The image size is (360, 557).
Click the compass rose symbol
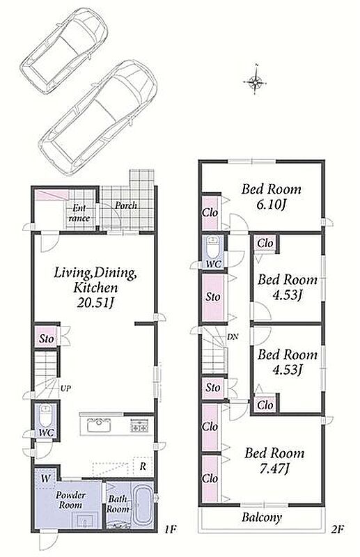(255, 82)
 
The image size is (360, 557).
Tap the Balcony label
(262, 517)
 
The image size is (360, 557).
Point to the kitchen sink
(100, 425)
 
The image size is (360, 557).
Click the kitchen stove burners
(139, 425)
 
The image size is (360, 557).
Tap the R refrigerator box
(143, 466)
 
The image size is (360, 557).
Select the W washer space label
(45, 478)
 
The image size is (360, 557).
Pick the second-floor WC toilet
(214, 249)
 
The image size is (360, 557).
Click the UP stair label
(65, 389)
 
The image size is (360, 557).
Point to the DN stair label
(233, 337)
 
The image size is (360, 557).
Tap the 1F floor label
(170, 530)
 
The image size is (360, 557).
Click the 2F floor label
(337, 530)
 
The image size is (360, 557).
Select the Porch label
(126, 205)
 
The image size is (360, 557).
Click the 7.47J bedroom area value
(273, 469)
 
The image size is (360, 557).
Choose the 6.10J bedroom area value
(272, 205)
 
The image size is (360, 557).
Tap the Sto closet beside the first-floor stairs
(46, 339)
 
